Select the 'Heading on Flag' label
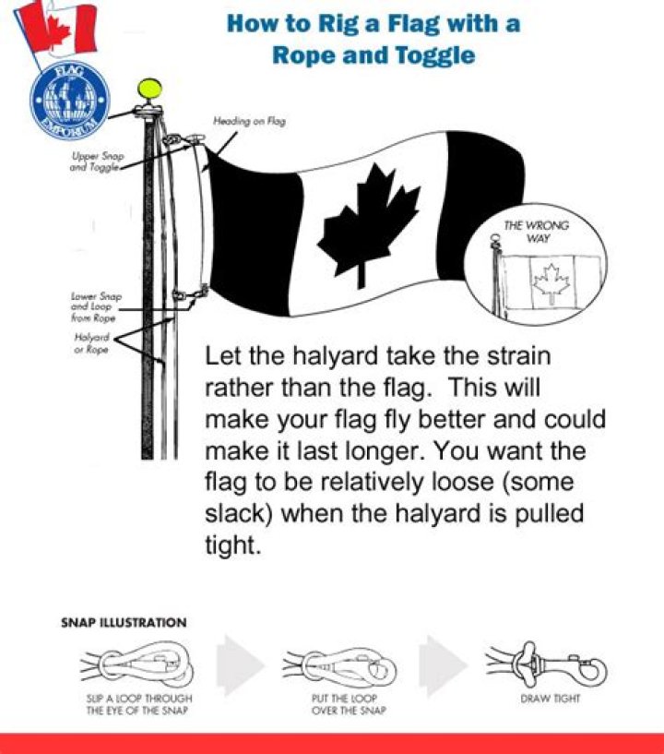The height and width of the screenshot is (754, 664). [249, 121]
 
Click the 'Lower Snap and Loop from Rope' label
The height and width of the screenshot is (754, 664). [96, 307]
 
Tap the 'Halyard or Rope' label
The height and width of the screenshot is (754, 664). [90, 342]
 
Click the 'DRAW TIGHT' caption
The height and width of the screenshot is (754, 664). [551, 699]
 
